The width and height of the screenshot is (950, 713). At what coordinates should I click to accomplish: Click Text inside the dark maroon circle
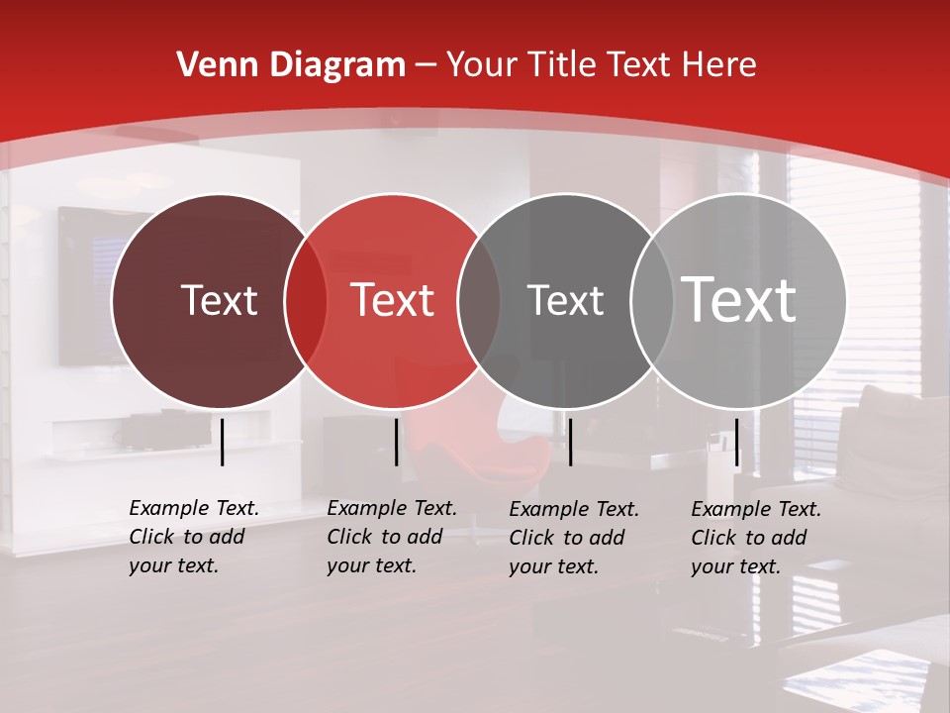click(x=219, y=300)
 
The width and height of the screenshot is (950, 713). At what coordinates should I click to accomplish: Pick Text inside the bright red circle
click(x=393, y=300)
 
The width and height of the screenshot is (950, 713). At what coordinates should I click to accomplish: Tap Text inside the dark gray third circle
click(x=565, y=300)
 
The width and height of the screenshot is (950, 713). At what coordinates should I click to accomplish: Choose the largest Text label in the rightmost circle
click(x=739, y=300)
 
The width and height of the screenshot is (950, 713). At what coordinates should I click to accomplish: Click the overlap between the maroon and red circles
click(x=306, y=300)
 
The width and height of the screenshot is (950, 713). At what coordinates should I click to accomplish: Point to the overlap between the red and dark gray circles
click(x=479, y=300)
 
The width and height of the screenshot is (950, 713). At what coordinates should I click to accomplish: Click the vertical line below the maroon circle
click(x=223, y=442)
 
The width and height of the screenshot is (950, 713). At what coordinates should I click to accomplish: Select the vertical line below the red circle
click(x=396, y=442)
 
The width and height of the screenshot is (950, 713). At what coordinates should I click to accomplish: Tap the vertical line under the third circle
click(x=570, y=442)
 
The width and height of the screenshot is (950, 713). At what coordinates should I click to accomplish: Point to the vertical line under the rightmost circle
click(x=737, y=442)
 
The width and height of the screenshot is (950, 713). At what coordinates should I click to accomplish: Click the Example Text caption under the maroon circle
click(x=193, y=537)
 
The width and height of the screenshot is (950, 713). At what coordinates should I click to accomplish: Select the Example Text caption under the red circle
click(x=391, y=537)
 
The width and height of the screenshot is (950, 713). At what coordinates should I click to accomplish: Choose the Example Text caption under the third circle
click(x=573, y=538)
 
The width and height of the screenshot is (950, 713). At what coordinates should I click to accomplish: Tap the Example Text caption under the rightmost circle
click(x=755, y=538)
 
